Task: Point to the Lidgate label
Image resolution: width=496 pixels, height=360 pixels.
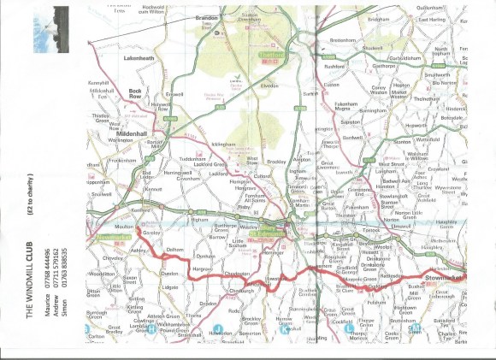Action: click(169, 287)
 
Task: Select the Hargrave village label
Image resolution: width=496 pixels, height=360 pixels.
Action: click(202, 269)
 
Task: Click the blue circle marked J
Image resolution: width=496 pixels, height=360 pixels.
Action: click(218, 329)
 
